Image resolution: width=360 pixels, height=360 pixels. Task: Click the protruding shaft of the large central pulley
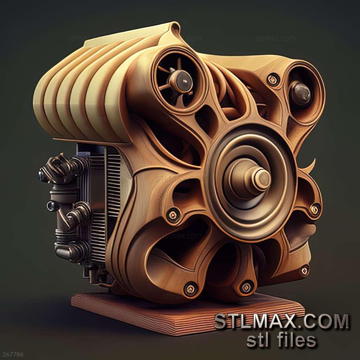pos(259,179)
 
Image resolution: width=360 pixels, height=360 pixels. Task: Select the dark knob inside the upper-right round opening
pos(300,93)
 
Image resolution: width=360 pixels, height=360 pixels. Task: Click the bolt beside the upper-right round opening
pos(273,79)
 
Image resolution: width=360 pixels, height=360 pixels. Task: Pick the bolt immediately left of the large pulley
pos(173,215)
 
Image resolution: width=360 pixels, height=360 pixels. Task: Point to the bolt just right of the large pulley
pos(315,209)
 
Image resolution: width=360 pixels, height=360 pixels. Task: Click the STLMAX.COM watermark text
pos(282,321)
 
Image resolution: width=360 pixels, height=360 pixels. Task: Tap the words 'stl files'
pos(282,340)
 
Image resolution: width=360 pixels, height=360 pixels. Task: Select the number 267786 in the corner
pos(12,355)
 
